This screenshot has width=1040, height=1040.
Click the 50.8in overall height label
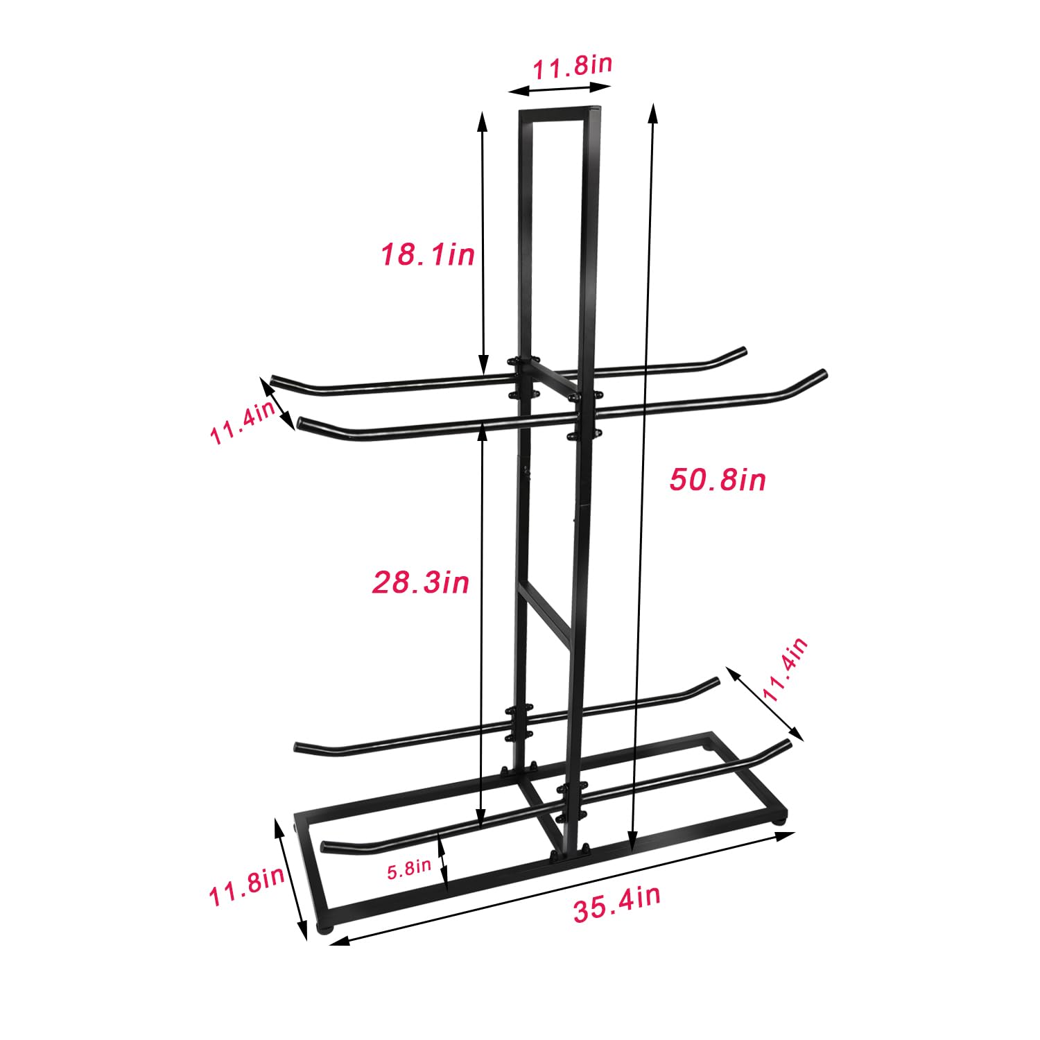tap(718, 480)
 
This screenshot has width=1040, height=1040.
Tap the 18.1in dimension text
tap(427, 254)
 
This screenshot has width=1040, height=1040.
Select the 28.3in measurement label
tap(421, 582)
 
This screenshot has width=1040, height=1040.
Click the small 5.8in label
tap(409, 869)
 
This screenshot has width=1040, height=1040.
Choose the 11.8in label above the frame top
tap(572, 67)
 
